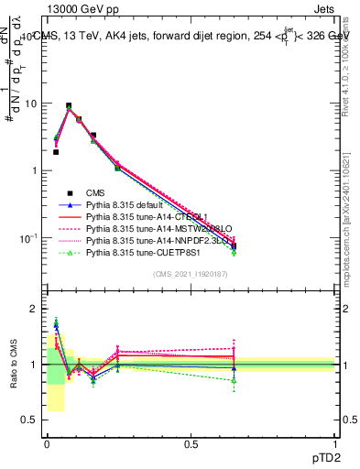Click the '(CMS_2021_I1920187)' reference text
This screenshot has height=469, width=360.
[x=191, y=275]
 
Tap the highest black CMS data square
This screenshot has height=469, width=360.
[x=69, y=106]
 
